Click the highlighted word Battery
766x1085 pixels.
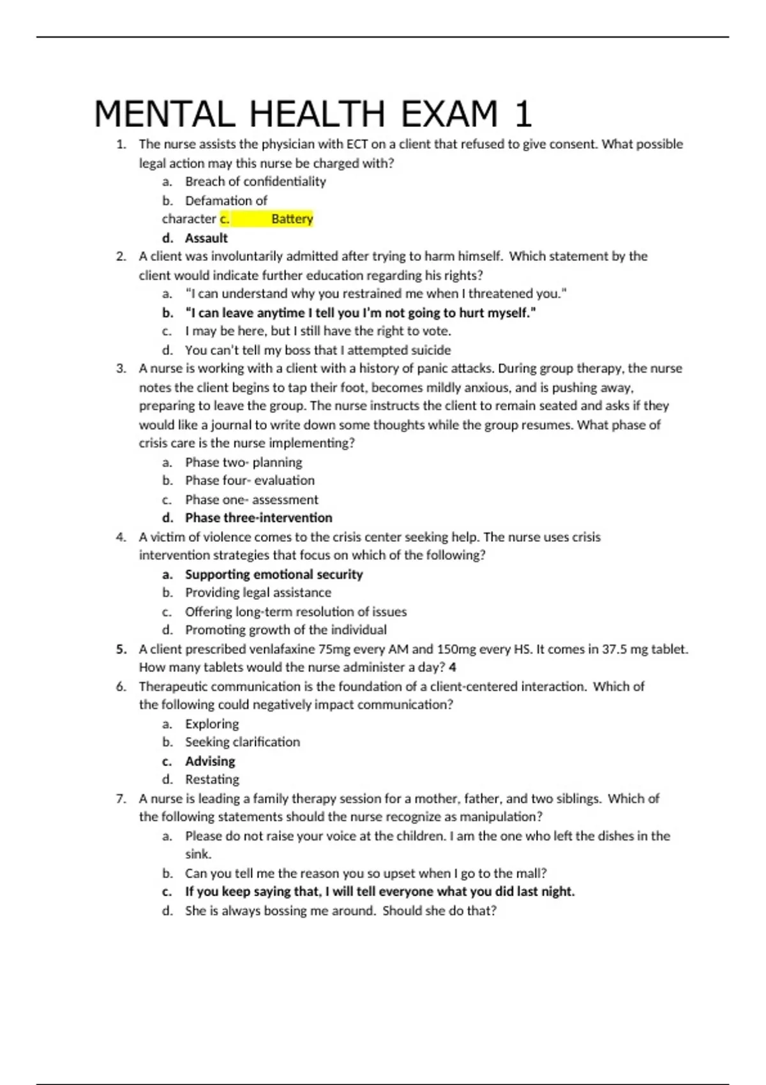point(292,219)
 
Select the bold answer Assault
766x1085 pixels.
point(206,238)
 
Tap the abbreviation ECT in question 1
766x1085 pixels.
point(357,144)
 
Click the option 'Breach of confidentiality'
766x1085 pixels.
point(255,181)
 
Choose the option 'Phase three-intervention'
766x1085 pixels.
point(259,518)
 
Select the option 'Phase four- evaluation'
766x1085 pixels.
point(250,480)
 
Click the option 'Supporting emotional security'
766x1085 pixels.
point(274,574)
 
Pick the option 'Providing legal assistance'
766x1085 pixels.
point(258,592)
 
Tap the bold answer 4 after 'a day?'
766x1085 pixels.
point(453,668)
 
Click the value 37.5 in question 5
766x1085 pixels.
point(615,649)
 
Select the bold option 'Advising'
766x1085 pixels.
point(210,761)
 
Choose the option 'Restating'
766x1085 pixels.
point(212,779)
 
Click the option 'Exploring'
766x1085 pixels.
point(212,724)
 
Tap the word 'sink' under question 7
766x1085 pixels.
point(197,854)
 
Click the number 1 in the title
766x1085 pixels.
point(523,114)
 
